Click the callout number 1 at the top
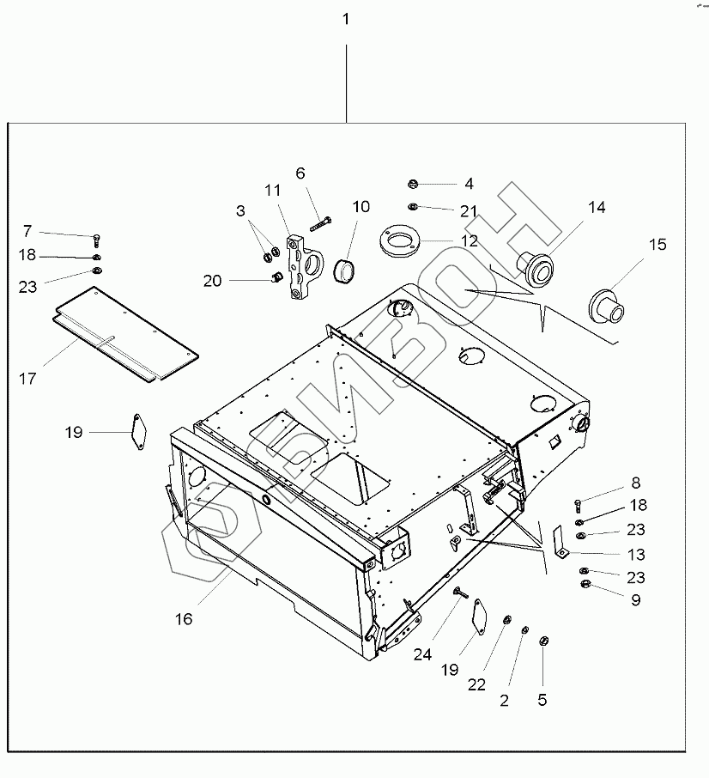(x=346, y=19)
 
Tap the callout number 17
(x=27, y=378)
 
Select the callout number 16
(x=185, y=618)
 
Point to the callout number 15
(x=657, y=245)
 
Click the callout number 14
(x=596, y=207)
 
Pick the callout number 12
(x=470, y=241)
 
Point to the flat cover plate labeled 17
(x=124, y=331)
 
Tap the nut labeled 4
(x=413, y=183)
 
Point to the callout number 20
(x=213, y=280)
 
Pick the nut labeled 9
(x=587, y=586)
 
